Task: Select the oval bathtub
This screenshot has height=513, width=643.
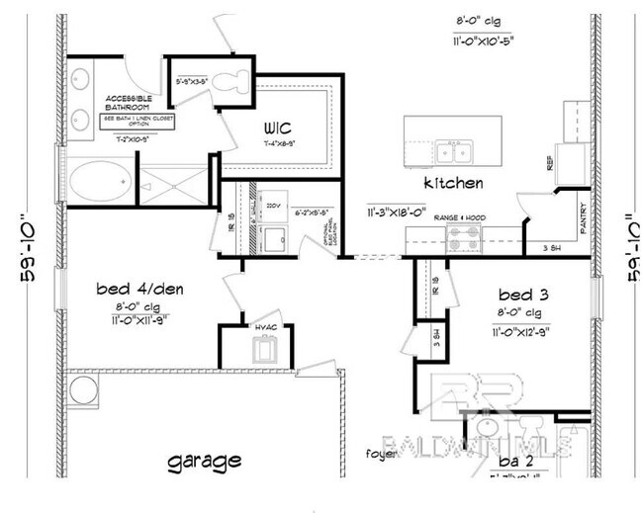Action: coord(97,185)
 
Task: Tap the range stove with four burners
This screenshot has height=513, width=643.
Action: coord(464,237)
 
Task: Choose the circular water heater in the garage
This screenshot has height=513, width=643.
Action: coord(83,390)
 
